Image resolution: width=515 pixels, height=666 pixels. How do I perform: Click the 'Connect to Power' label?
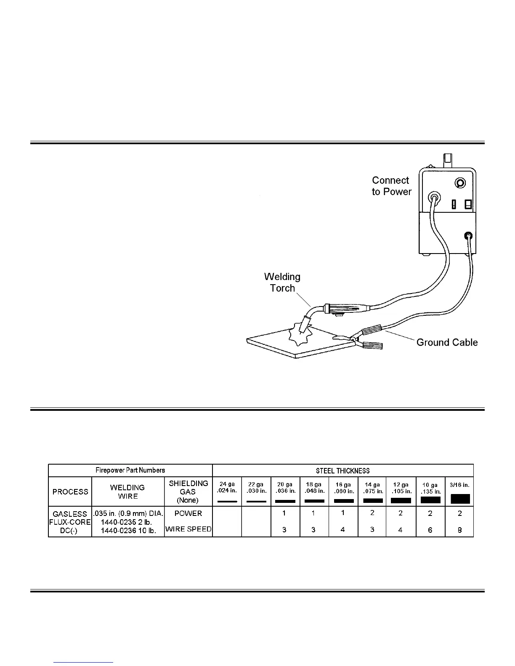(391, 186)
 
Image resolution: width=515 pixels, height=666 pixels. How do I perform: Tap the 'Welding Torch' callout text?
(282, 283)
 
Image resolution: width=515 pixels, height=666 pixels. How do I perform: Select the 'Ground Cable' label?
(447, 342)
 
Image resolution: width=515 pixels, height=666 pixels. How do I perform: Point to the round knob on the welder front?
(460, 183)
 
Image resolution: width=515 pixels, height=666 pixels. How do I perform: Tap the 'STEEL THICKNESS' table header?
(342, 470)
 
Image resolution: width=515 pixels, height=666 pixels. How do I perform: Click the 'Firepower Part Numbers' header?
(130, 470)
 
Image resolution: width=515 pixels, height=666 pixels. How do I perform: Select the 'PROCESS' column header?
(70, 492)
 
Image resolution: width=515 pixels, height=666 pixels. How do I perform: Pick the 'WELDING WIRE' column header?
(127, 492)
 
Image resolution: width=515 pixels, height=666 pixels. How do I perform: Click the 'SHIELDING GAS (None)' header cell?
(188, 492)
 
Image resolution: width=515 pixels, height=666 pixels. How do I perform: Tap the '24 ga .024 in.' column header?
(227, 488)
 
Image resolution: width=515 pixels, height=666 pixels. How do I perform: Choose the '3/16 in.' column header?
(459, 485)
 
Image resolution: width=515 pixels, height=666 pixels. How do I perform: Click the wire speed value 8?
(459, 530)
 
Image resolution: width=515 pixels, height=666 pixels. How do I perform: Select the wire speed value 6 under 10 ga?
(430, 530)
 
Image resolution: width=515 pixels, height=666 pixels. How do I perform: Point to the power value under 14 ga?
(372, 513)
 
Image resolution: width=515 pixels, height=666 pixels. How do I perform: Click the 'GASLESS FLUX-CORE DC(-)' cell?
(70, 522)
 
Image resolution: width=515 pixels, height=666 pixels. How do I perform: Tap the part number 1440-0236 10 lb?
(128, 531)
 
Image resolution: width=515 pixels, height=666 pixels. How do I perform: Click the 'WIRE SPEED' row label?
(188, 529)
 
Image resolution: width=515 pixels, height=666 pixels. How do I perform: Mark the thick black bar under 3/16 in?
(460, 499)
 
